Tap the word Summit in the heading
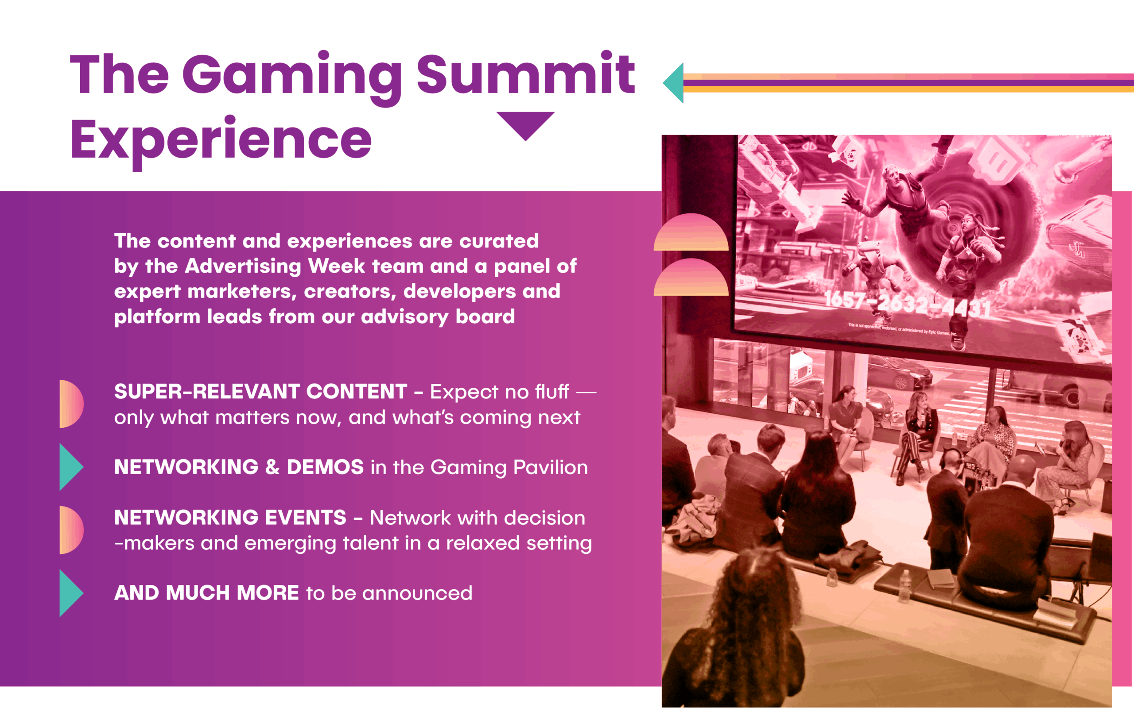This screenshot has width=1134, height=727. [526, 73]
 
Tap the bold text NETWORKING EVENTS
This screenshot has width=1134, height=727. [230, 518]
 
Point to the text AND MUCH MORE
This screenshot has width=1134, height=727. [206, 593]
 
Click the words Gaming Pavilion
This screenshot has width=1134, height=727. [509, 468]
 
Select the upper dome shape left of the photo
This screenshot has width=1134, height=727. [691, 232]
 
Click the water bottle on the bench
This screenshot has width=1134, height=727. [904, 586]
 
